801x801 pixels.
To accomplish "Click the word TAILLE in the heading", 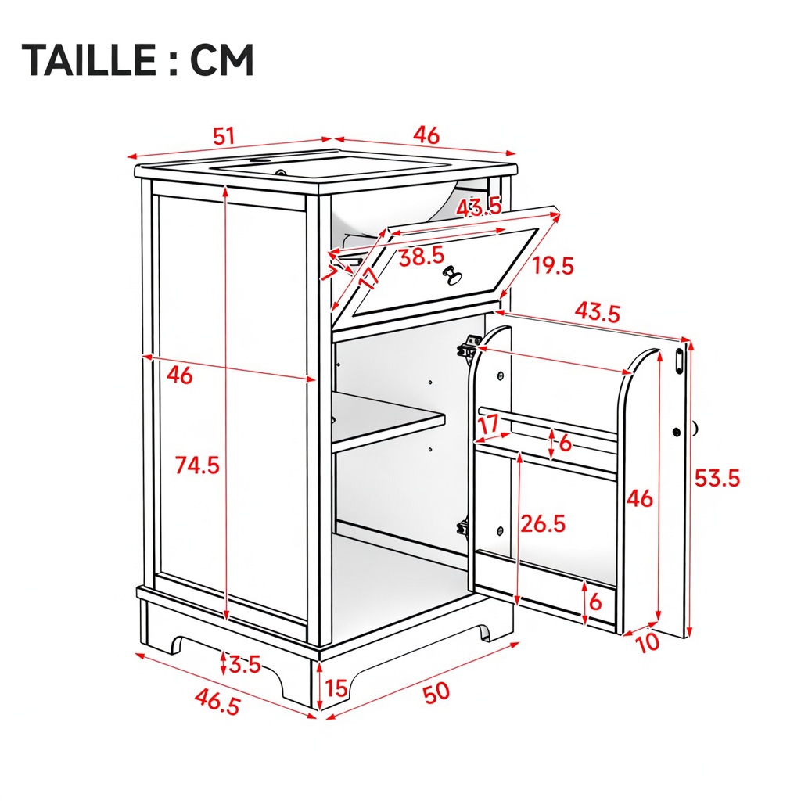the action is pos(88,59).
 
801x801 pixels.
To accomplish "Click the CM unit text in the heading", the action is pos(221,59).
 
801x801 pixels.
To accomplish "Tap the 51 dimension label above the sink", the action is pos(223,136).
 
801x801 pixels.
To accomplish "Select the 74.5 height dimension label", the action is pos(197,465).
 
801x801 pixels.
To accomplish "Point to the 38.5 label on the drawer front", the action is pos(422,257).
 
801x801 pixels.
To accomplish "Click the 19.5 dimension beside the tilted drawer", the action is pos(553,266).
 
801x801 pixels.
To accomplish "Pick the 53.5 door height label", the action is pos(717,478).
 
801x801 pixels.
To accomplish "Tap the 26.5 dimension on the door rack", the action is pos(543,523).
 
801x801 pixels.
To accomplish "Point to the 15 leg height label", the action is pos(336,688).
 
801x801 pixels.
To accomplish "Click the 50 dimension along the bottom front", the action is pos(436,693).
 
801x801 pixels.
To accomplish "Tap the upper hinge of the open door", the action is pos(469,348).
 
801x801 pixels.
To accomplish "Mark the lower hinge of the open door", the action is pos(463,526).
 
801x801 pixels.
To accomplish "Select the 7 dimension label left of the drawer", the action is pos(330,271).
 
